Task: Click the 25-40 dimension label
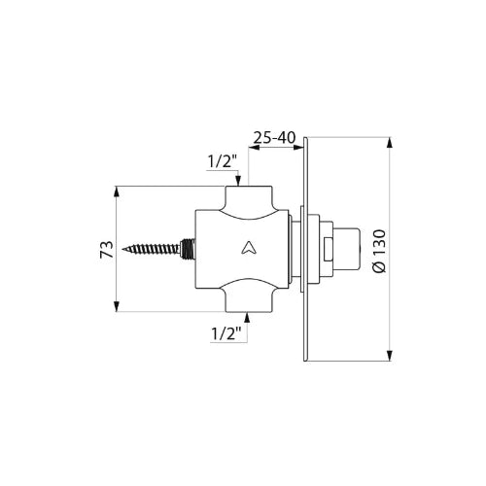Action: click(x=274, y=138)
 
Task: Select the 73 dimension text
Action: click(x=107, y=249)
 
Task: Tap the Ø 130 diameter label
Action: click(x=379, y=251)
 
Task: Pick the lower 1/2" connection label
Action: click(x=226, y=333)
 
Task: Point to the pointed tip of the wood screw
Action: click(x=122, y=249)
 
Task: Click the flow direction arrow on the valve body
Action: click(x=249, y=248)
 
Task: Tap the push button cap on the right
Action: click(x=347, y=249)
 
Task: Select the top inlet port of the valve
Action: click(x=248, y=197)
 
